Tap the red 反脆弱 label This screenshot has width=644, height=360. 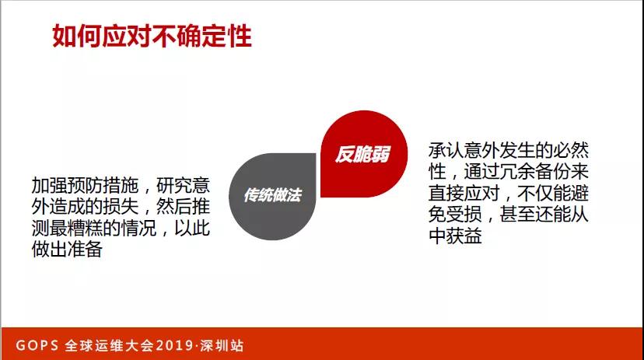[x=362, y=154]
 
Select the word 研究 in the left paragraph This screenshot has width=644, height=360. [x=174, y=187]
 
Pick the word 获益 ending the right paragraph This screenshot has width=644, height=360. [x=464, y=236]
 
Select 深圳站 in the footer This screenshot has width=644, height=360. [x=225, y=344]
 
